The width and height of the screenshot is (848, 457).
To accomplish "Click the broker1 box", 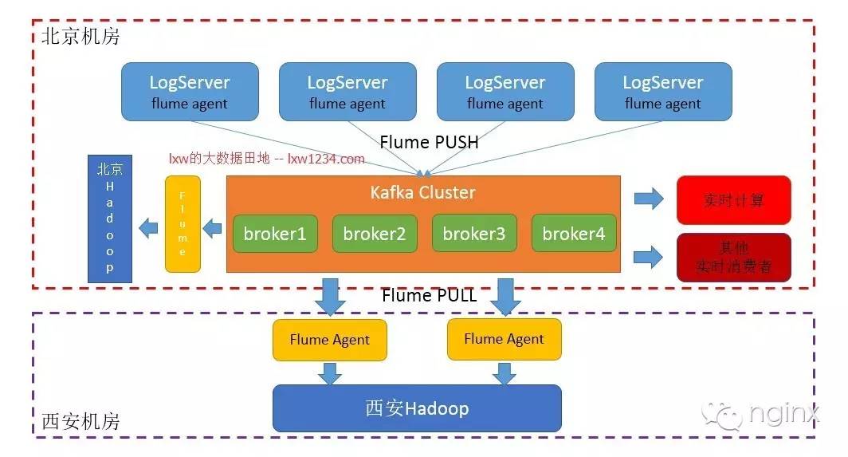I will [275, 234].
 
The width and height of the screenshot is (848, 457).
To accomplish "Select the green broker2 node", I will [375, 234].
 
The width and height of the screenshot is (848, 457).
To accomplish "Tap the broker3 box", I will [474, 234].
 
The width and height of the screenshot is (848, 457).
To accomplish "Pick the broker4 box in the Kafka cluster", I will [574, 234].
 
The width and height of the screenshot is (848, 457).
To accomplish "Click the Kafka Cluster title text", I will [422, 192].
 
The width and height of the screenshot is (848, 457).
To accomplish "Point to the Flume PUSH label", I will [429, 142].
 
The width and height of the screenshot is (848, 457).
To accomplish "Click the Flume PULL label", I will [429, 295].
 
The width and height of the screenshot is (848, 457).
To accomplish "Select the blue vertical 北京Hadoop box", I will [110, 219].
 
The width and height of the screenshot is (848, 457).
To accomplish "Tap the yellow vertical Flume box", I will [183, 224].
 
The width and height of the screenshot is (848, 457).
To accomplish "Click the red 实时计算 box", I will [733, 200].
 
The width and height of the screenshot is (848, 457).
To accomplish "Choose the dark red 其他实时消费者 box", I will [733, 257].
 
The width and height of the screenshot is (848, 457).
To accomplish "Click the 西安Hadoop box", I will [417, 408].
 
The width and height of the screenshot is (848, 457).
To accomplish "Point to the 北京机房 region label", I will [80, 36].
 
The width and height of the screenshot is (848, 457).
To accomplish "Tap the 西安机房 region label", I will [80, 420].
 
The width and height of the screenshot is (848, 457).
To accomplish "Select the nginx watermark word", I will [783, 414].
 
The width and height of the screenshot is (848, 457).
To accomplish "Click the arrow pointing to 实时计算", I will [649, 199].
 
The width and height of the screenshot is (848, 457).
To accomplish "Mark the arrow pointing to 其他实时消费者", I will [649, 256].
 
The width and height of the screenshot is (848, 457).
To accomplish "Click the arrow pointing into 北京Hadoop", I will [147, 230].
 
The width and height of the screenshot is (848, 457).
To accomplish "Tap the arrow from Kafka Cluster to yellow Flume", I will [212, 230].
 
